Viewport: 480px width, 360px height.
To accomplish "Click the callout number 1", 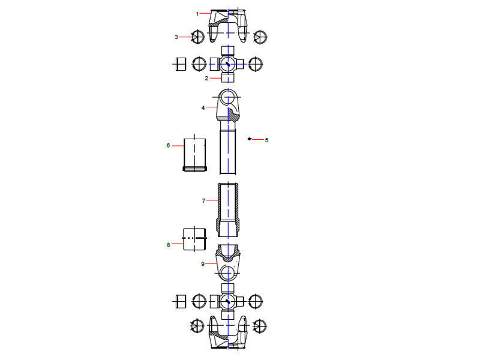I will [x=196, y=13].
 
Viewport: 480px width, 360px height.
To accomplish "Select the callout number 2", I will [x=206, y=78].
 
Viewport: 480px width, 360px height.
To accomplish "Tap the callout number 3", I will [x=176, y=37].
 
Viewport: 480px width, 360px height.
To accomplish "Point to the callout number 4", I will [x=203, y=107].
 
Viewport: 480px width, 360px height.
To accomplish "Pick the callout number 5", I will [x=266, y=140].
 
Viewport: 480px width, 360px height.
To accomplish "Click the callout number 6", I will [x=168, y=145].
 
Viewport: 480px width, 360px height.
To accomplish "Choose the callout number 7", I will [x=203, y=201].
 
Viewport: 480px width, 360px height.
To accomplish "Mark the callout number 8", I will [x=168, y=244].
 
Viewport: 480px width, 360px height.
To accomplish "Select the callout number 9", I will [x=203, y=263].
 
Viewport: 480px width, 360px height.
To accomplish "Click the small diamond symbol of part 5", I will [x=250, y=139].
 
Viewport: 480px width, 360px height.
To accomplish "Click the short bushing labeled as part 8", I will [x=194, y=239].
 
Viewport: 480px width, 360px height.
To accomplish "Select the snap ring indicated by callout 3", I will [x=198, y=37].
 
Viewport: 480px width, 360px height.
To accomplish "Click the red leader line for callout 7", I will [x=212, y=201].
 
